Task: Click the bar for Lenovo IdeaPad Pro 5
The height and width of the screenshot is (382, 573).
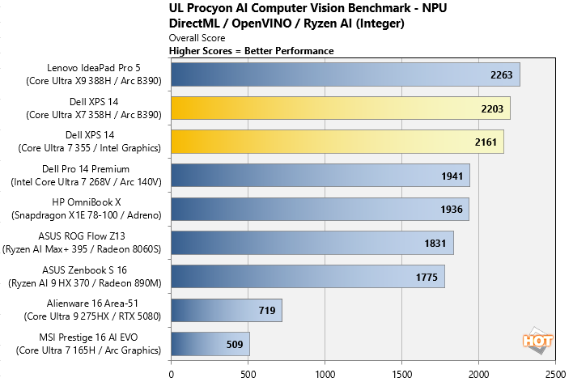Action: click(345, 74)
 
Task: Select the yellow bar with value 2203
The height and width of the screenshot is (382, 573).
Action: click(340, 108)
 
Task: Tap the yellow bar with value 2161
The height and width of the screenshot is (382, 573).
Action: click(337, 142)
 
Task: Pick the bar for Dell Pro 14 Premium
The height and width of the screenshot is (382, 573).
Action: click(320, 176)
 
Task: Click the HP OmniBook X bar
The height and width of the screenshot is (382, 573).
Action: click(320, 209)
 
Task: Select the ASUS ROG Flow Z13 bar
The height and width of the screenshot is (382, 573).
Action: click(312, 243)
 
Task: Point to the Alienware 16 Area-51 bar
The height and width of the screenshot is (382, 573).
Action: click(226, 310)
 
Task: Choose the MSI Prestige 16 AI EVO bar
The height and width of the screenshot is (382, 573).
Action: click(210, 344)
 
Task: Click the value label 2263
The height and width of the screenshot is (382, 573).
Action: click(502, 74)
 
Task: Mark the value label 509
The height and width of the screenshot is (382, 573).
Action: click(234, 344)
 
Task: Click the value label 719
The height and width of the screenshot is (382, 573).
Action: click(267, 310)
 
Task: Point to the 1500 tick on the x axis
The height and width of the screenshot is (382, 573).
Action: click(401, 374)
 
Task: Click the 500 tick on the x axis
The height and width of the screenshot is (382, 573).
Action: click(248, 374)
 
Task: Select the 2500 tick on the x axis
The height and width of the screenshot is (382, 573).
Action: click(555, 374)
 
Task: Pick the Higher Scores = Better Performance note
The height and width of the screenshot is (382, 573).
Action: click(251, 50)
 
